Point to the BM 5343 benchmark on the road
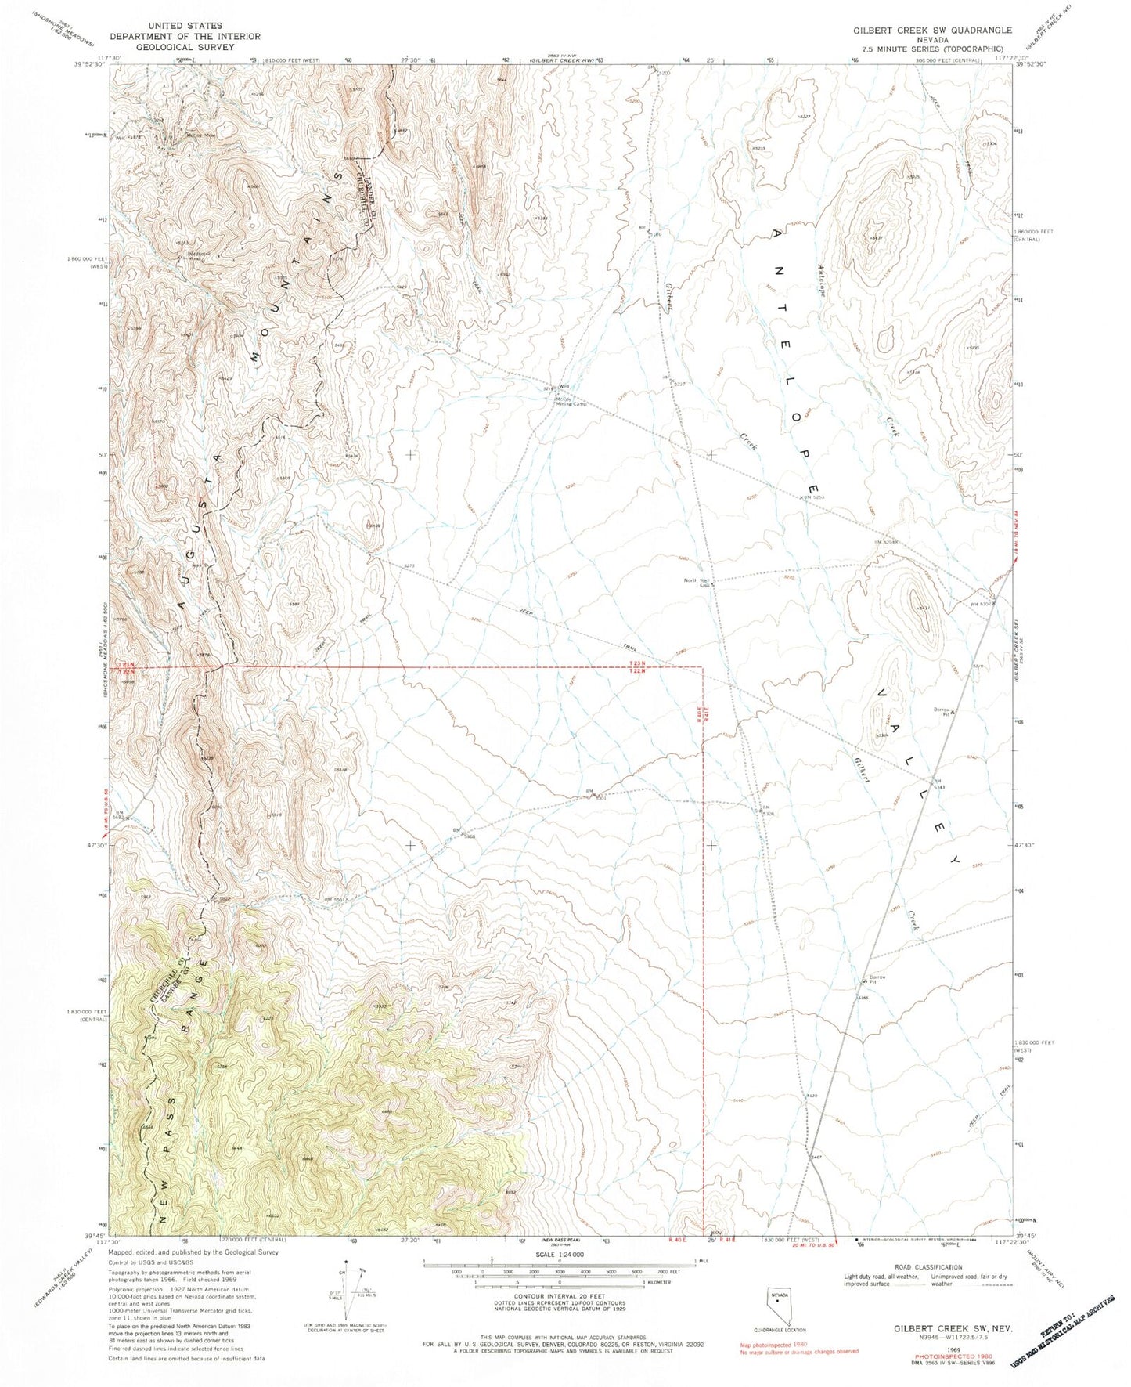[937, 782]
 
